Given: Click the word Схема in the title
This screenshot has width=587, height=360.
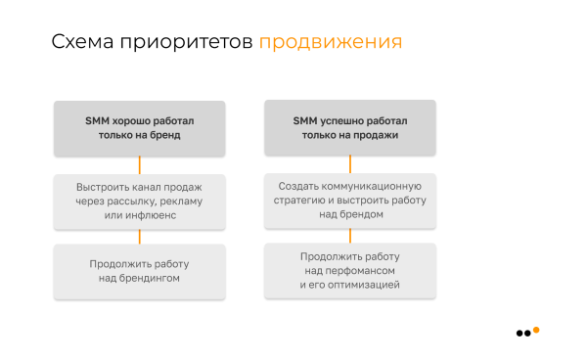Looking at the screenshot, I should (80, 43).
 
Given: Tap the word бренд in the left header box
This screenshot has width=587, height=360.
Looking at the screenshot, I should (166, 136).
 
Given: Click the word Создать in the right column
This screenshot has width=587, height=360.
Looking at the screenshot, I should (295, 186).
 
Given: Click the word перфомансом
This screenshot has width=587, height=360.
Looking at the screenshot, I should (359, 271).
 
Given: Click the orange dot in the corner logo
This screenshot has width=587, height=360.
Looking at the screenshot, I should (536, 330).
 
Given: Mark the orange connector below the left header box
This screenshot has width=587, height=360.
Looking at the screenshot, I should (139, 164).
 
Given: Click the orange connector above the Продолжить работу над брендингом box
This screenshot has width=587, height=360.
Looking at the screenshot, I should (139, 238).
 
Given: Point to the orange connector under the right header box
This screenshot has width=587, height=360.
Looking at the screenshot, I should (350, 164).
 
